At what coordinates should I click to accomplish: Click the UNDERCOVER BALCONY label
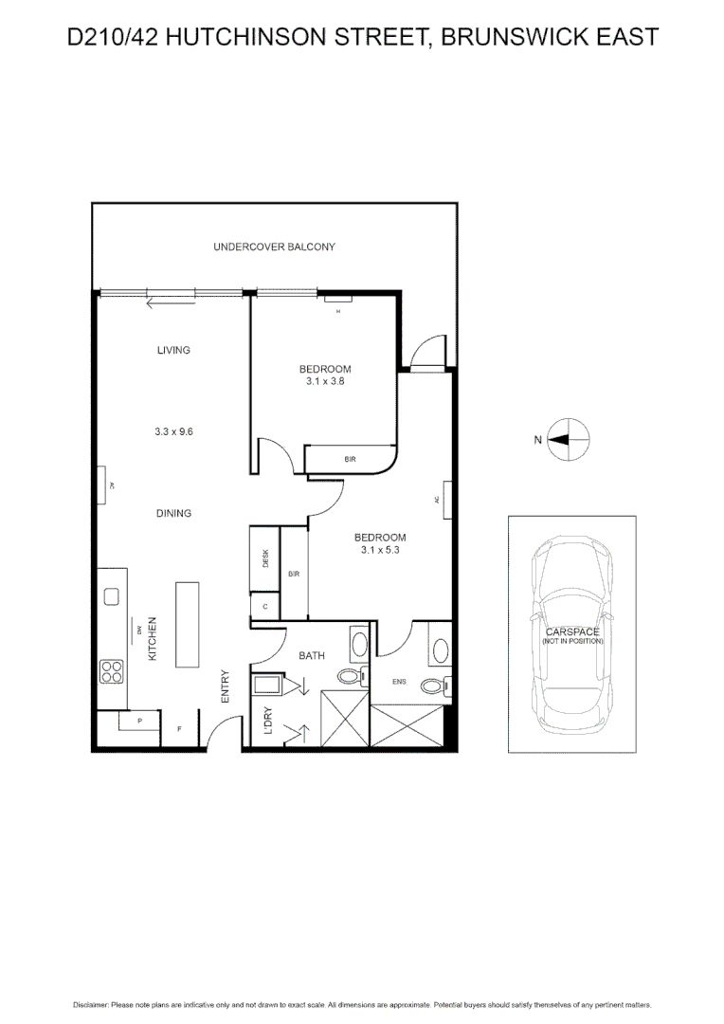coord(274,247)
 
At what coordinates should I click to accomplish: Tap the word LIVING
coord(173,350)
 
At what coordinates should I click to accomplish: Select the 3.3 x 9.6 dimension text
coord(173,431)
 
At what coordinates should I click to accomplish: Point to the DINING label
coord(173,514)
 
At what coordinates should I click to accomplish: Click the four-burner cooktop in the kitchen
coord(112,671)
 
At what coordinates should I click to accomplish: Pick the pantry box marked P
coord(138,722)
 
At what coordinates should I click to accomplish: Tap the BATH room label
coord(312,655)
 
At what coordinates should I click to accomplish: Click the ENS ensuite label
coord(399,681)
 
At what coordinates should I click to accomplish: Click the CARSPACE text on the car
coord(571,631)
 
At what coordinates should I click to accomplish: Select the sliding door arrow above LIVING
coord(171,303)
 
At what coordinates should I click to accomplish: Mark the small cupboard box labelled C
coord(264,606)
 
